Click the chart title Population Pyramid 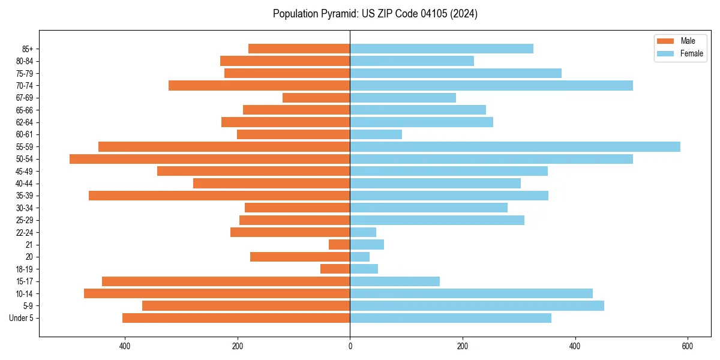pos(375,14)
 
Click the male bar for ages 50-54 pos(209,159)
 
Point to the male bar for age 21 pos(339,245)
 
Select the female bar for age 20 pos(359,257)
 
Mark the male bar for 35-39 pos(219,196)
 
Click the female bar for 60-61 pos(376,134)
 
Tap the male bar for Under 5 pos(236,318)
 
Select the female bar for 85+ pos(441,49)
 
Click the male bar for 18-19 pos(335,269)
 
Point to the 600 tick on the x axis pos(688,346)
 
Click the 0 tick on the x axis pos(350,346)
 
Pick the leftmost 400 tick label pos(125,346)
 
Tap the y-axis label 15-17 pos(25,281)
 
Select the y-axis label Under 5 pos(22,318)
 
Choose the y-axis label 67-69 pos(25,98)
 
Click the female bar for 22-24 pos(363,232)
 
